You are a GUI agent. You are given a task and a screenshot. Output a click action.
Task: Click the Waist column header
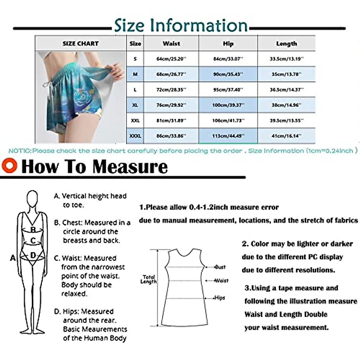171,44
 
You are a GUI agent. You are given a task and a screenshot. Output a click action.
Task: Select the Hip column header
228,44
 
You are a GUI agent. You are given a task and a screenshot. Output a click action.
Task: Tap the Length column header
286,44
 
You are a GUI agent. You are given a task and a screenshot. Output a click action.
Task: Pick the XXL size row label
135,121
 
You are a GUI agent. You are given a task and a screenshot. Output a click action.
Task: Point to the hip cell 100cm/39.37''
228,105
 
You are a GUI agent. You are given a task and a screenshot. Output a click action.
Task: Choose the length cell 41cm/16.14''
286,136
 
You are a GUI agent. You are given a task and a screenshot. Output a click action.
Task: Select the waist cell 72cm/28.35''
171,90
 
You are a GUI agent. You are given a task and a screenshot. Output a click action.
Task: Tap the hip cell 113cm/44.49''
228,136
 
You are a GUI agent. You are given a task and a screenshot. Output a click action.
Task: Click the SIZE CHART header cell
80,44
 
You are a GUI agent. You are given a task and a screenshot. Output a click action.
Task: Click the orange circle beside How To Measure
9,166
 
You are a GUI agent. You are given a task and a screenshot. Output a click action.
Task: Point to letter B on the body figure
33,230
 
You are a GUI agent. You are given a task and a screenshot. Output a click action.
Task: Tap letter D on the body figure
33,256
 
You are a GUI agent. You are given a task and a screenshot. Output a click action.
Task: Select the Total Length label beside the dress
149,279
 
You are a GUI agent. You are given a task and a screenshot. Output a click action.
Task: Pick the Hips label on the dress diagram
220,298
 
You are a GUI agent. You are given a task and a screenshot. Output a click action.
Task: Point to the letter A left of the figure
13,258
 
